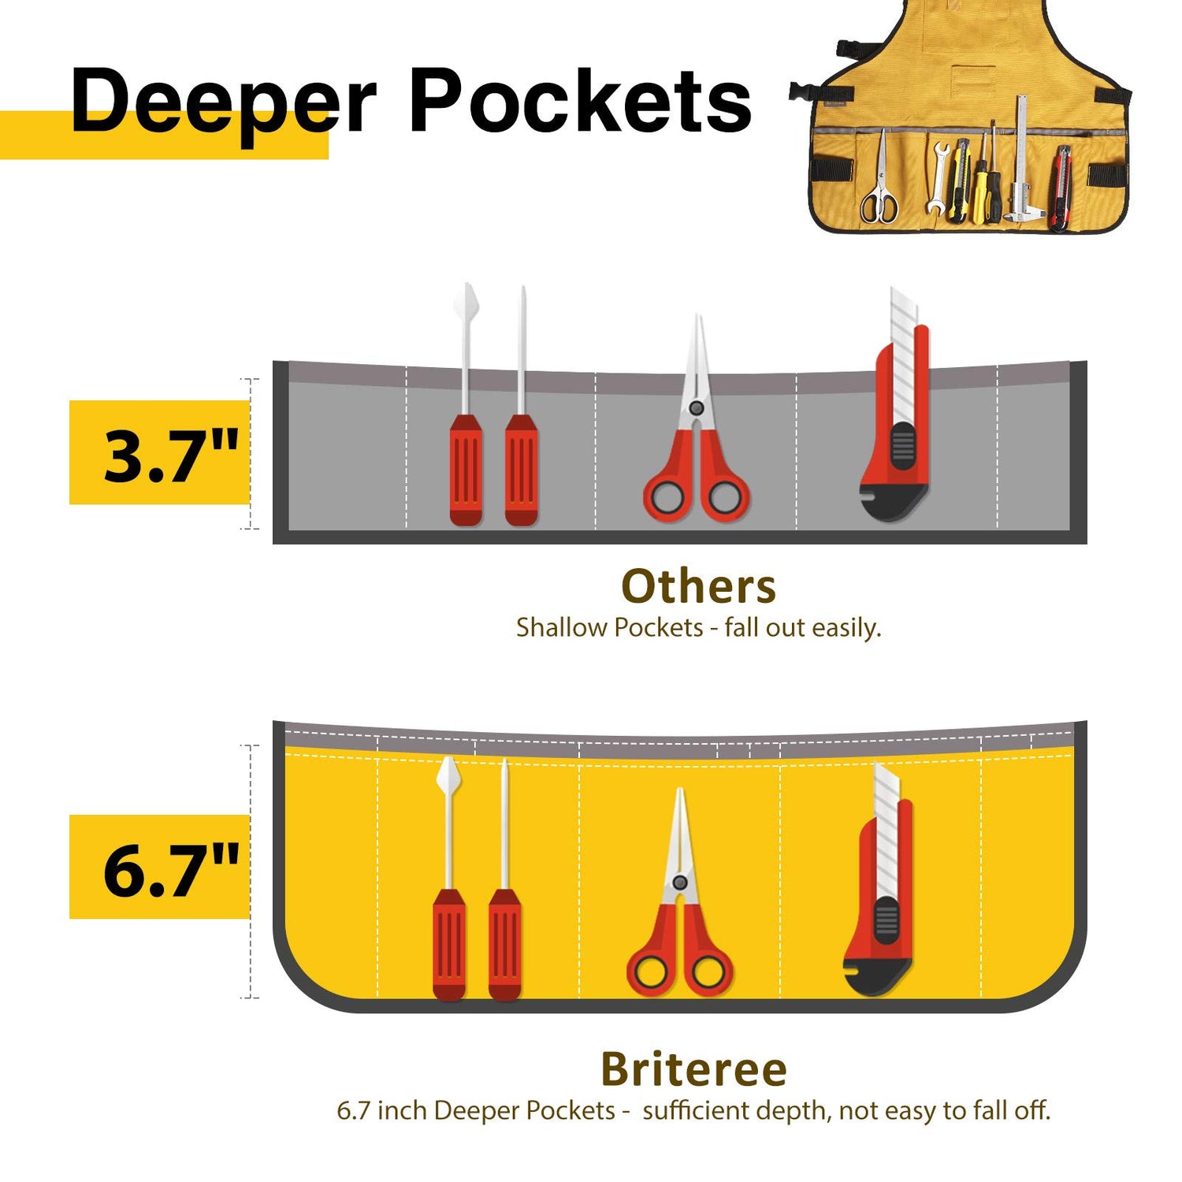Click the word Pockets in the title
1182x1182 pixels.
click(x=580, y=102)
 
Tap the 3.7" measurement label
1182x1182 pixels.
click(x=170, y=455)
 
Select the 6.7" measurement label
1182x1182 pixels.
click(x=170, y=868)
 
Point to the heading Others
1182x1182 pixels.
click(x=698, y=586)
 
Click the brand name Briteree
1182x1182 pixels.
click(x=693, y=1069)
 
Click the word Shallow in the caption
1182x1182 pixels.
click(x=562, y=628)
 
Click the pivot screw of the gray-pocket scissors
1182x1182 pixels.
click(x=696, y=408)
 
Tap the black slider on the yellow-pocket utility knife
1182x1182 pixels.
click(x=886, y=920)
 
